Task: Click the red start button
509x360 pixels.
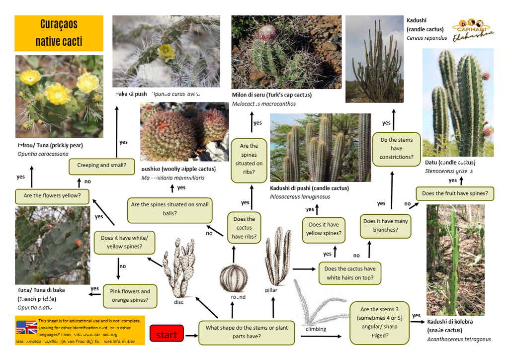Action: pyautogui.click(x=167, y=334)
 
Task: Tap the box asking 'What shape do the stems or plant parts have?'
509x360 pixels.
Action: pyautogui.click(x=247, y=332)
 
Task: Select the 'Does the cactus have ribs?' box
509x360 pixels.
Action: pyautogui.click(x=244, y=228)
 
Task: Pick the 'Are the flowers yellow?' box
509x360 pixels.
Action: pyautogui.click(x=52, y=196)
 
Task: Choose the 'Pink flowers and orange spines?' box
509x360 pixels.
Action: pyautogui.click(x=130, y=296)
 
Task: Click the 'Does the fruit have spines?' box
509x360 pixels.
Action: pyautogui.click(x=454, y=193)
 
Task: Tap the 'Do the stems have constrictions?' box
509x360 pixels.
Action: pyautogui.click(x=396, y=149)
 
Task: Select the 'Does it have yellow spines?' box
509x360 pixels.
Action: pyautogui.click(x=324, y=229)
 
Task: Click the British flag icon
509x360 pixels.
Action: pyautogui.click(x=27, y=328)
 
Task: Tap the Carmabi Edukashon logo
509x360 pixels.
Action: pyautogui.click(x=473, y=28)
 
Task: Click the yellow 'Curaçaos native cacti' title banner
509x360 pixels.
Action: pyautogui.click(x=59, y=33)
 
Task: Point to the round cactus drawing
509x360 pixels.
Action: pyautogui.click(x=233, y=277)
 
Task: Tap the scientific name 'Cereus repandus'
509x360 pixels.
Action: pyautogui.click(x=426, y=38)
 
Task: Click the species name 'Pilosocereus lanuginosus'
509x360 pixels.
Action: pyautogui.click(x=300, y=197)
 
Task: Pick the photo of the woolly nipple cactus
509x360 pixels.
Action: pyautogui.click(x=184, y=131)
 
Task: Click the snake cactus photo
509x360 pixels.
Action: pyautogui.click(x=455, y=260)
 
